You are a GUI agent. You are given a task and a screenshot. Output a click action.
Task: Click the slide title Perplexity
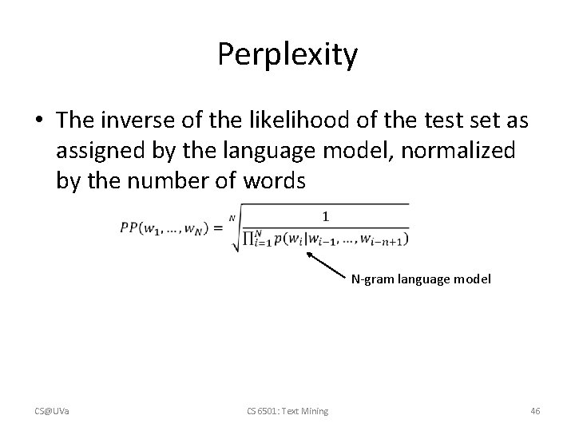coord(287,55)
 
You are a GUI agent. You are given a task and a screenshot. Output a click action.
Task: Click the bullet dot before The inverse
coord(39,121)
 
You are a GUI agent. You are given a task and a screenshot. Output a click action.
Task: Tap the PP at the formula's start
coord(129,227)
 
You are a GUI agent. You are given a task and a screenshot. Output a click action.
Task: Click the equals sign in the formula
coord(217,228)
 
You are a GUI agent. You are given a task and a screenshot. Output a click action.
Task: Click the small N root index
coord(232,216)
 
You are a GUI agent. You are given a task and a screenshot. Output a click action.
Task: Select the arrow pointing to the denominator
coord(327,266)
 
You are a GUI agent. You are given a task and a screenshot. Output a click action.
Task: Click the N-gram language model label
coord(421,280)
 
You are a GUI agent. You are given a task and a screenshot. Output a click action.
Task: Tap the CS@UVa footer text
coord(50,411)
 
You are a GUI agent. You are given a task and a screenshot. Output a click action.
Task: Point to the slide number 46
coord(535,411)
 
